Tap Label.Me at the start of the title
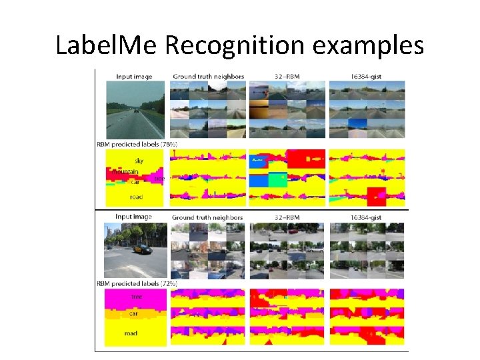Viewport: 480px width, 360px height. tap(109, 45)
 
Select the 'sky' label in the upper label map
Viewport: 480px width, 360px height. tap(139, 161)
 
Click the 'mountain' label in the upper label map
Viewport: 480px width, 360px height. tap(125, 171)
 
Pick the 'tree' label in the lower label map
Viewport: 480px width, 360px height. tap(136, 297)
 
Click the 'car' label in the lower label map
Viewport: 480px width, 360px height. tap(133, 313)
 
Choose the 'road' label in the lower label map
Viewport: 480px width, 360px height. tap(131, 333)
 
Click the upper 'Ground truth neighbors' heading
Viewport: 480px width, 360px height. tap(208, 77)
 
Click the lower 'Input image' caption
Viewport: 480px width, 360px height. tap(133, 217)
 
